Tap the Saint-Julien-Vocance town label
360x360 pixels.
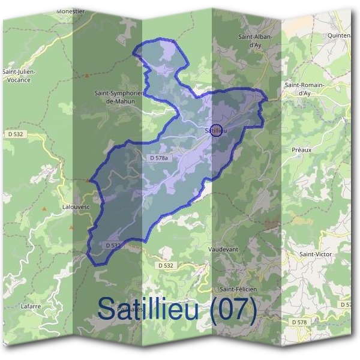pyautogui.click(x=20, y=76)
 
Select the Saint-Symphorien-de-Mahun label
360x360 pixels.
pyautogui.click(x=118, y=97)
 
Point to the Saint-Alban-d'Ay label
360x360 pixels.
pyautogui.click(x=256, y=40)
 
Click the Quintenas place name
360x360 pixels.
pyautogui.click(x=340, y=35)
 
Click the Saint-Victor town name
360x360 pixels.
pyautogui.click(x=316, y=254)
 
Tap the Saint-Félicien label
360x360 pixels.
pyautogui.click(x=238, y=289)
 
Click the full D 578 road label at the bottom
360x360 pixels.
pyautogui.click(x=302, y=322)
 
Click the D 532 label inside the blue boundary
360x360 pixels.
pyautogui.click(x=113, y=245)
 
